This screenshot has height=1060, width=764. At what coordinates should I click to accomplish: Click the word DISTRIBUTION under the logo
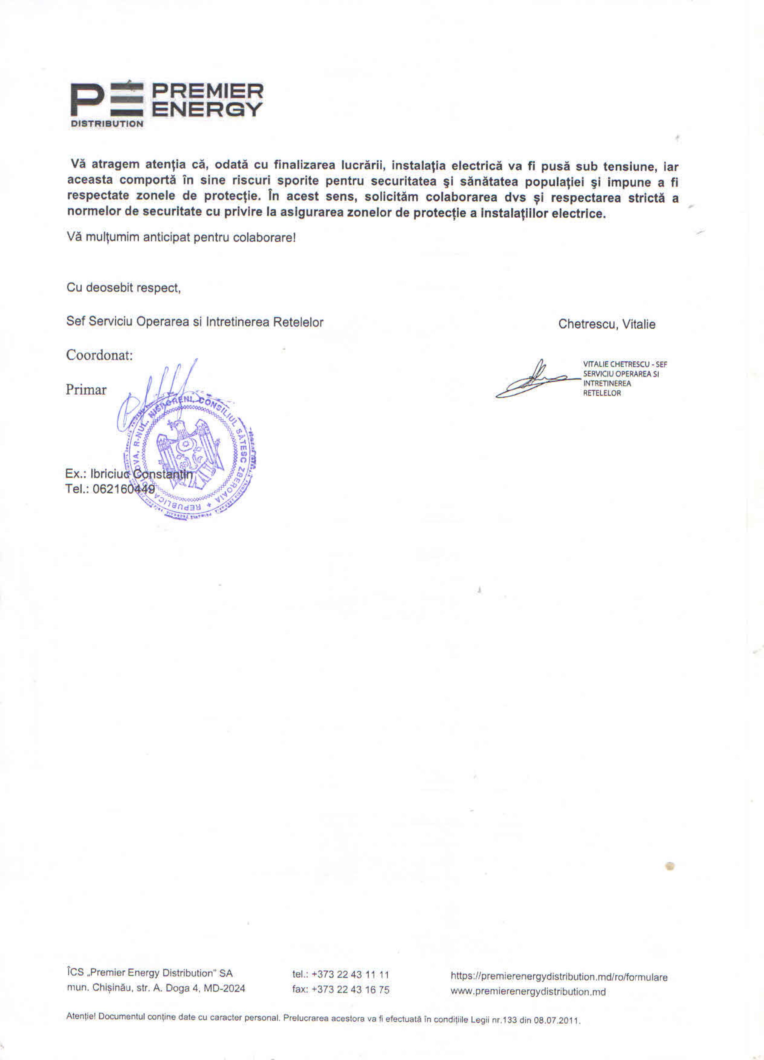[x=107, y=124]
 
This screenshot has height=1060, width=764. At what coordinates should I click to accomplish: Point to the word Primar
[x=86, y=389]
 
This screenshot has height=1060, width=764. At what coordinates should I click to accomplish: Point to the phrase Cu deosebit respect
[x=123, y=287]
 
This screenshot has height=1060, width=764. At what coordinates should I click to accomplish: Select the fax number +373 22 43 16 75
[x=350, y=989]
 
